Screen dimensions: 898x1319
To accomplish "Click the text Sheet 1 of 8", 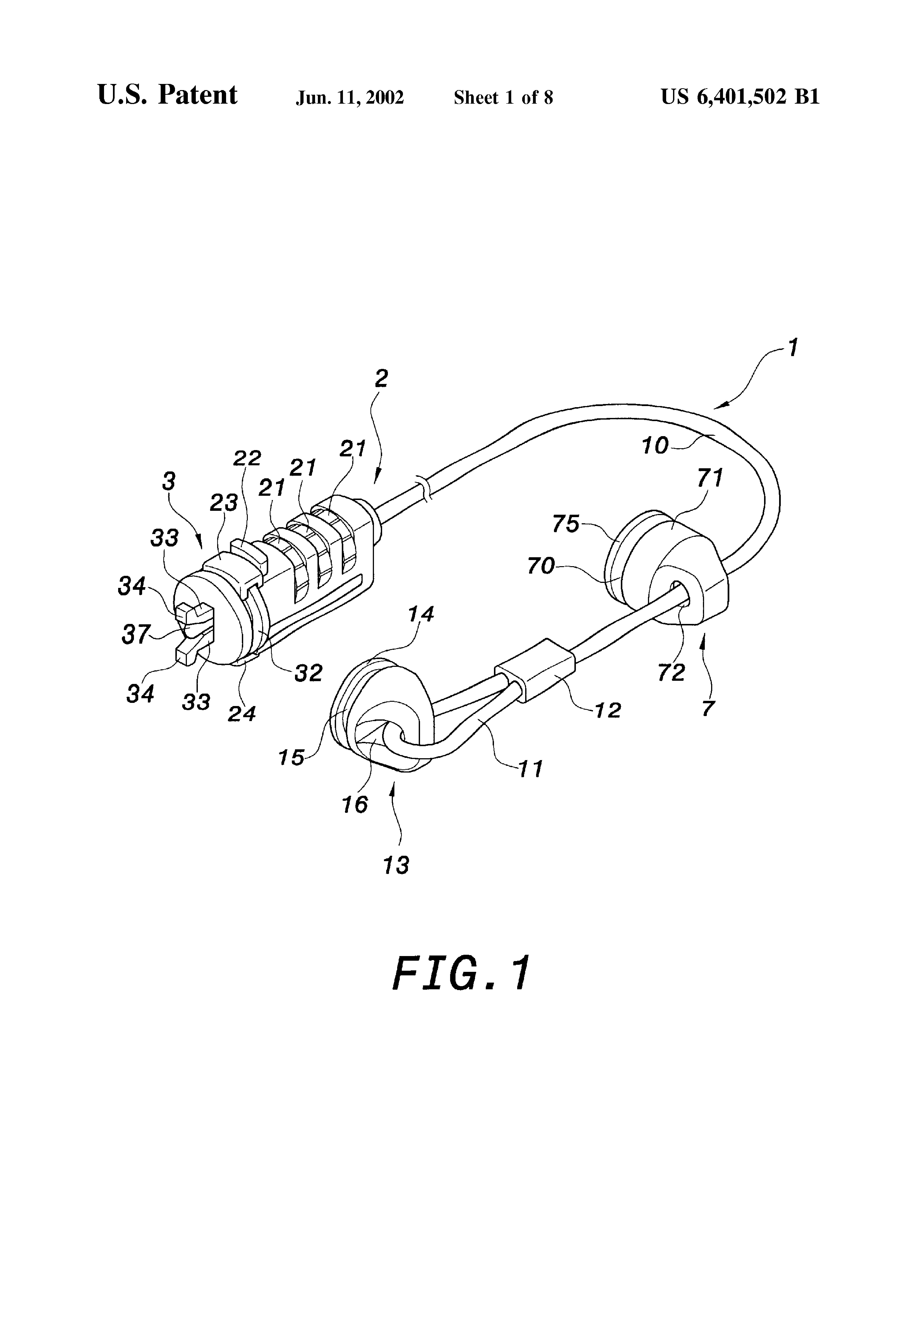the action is [503, 98].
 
